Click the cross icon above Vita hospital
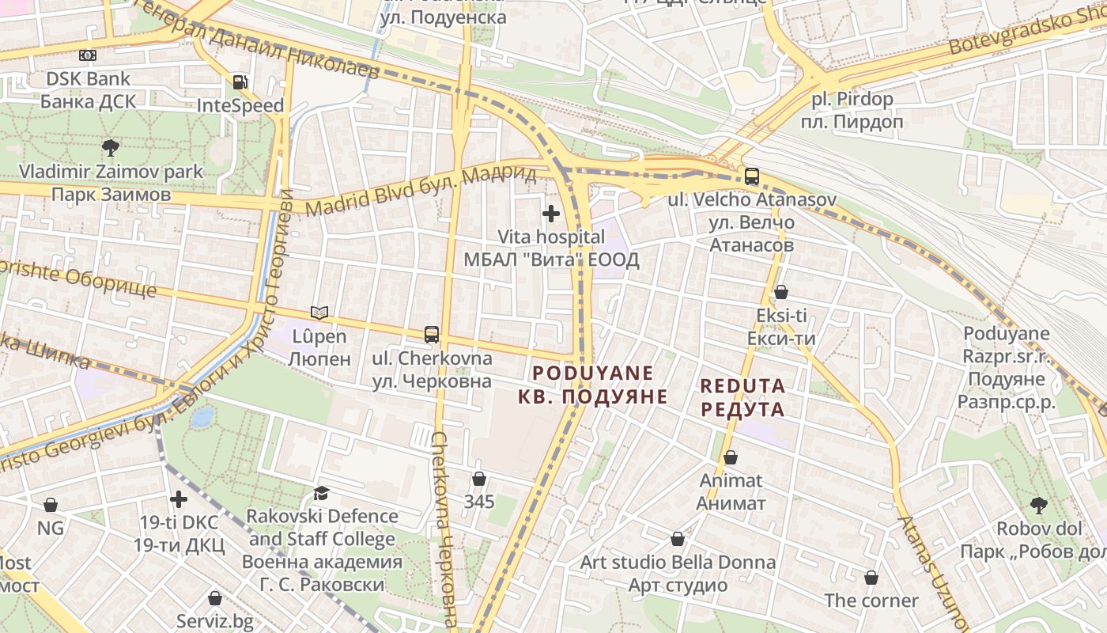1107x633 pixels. coord(551,213)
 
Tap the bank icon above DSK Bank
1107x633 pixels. coord(87,55)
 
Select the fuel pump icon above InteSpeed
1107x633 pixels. coord(240,81)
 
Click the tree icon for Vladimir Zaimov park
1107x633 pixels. coord(111,147)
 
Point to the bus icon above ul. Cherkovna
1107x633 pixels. coord(432,334)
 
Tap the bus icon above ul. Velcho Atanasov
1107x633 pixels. coord(751,176)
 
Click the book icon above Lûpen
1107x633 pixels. coord(319,313)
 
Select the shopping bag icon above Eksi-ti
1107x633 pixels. coord(781,292)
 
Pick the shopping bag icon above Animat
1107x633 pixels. coord(731,457)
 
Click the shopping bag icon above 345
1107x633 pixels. coord(478,478)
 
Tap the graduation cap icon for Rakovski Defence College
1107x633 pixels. coord(321,493)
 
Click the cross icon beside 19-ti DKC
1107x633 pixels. coord(179,499)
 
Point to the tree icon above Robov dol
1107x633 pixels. coord(1038,504)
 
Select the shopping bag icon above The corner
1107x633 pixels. coord(871,577)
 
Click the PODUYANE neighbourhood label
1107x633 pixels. coord(593,385)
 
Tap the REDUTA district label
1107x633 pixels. coord(742,397)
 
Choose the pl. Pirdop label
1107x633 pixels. coord(852,110)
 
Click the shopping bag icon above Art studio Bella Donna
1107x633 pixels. coord(678,539)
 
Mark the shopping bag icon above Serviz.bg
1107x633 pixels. coord(214,597)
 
